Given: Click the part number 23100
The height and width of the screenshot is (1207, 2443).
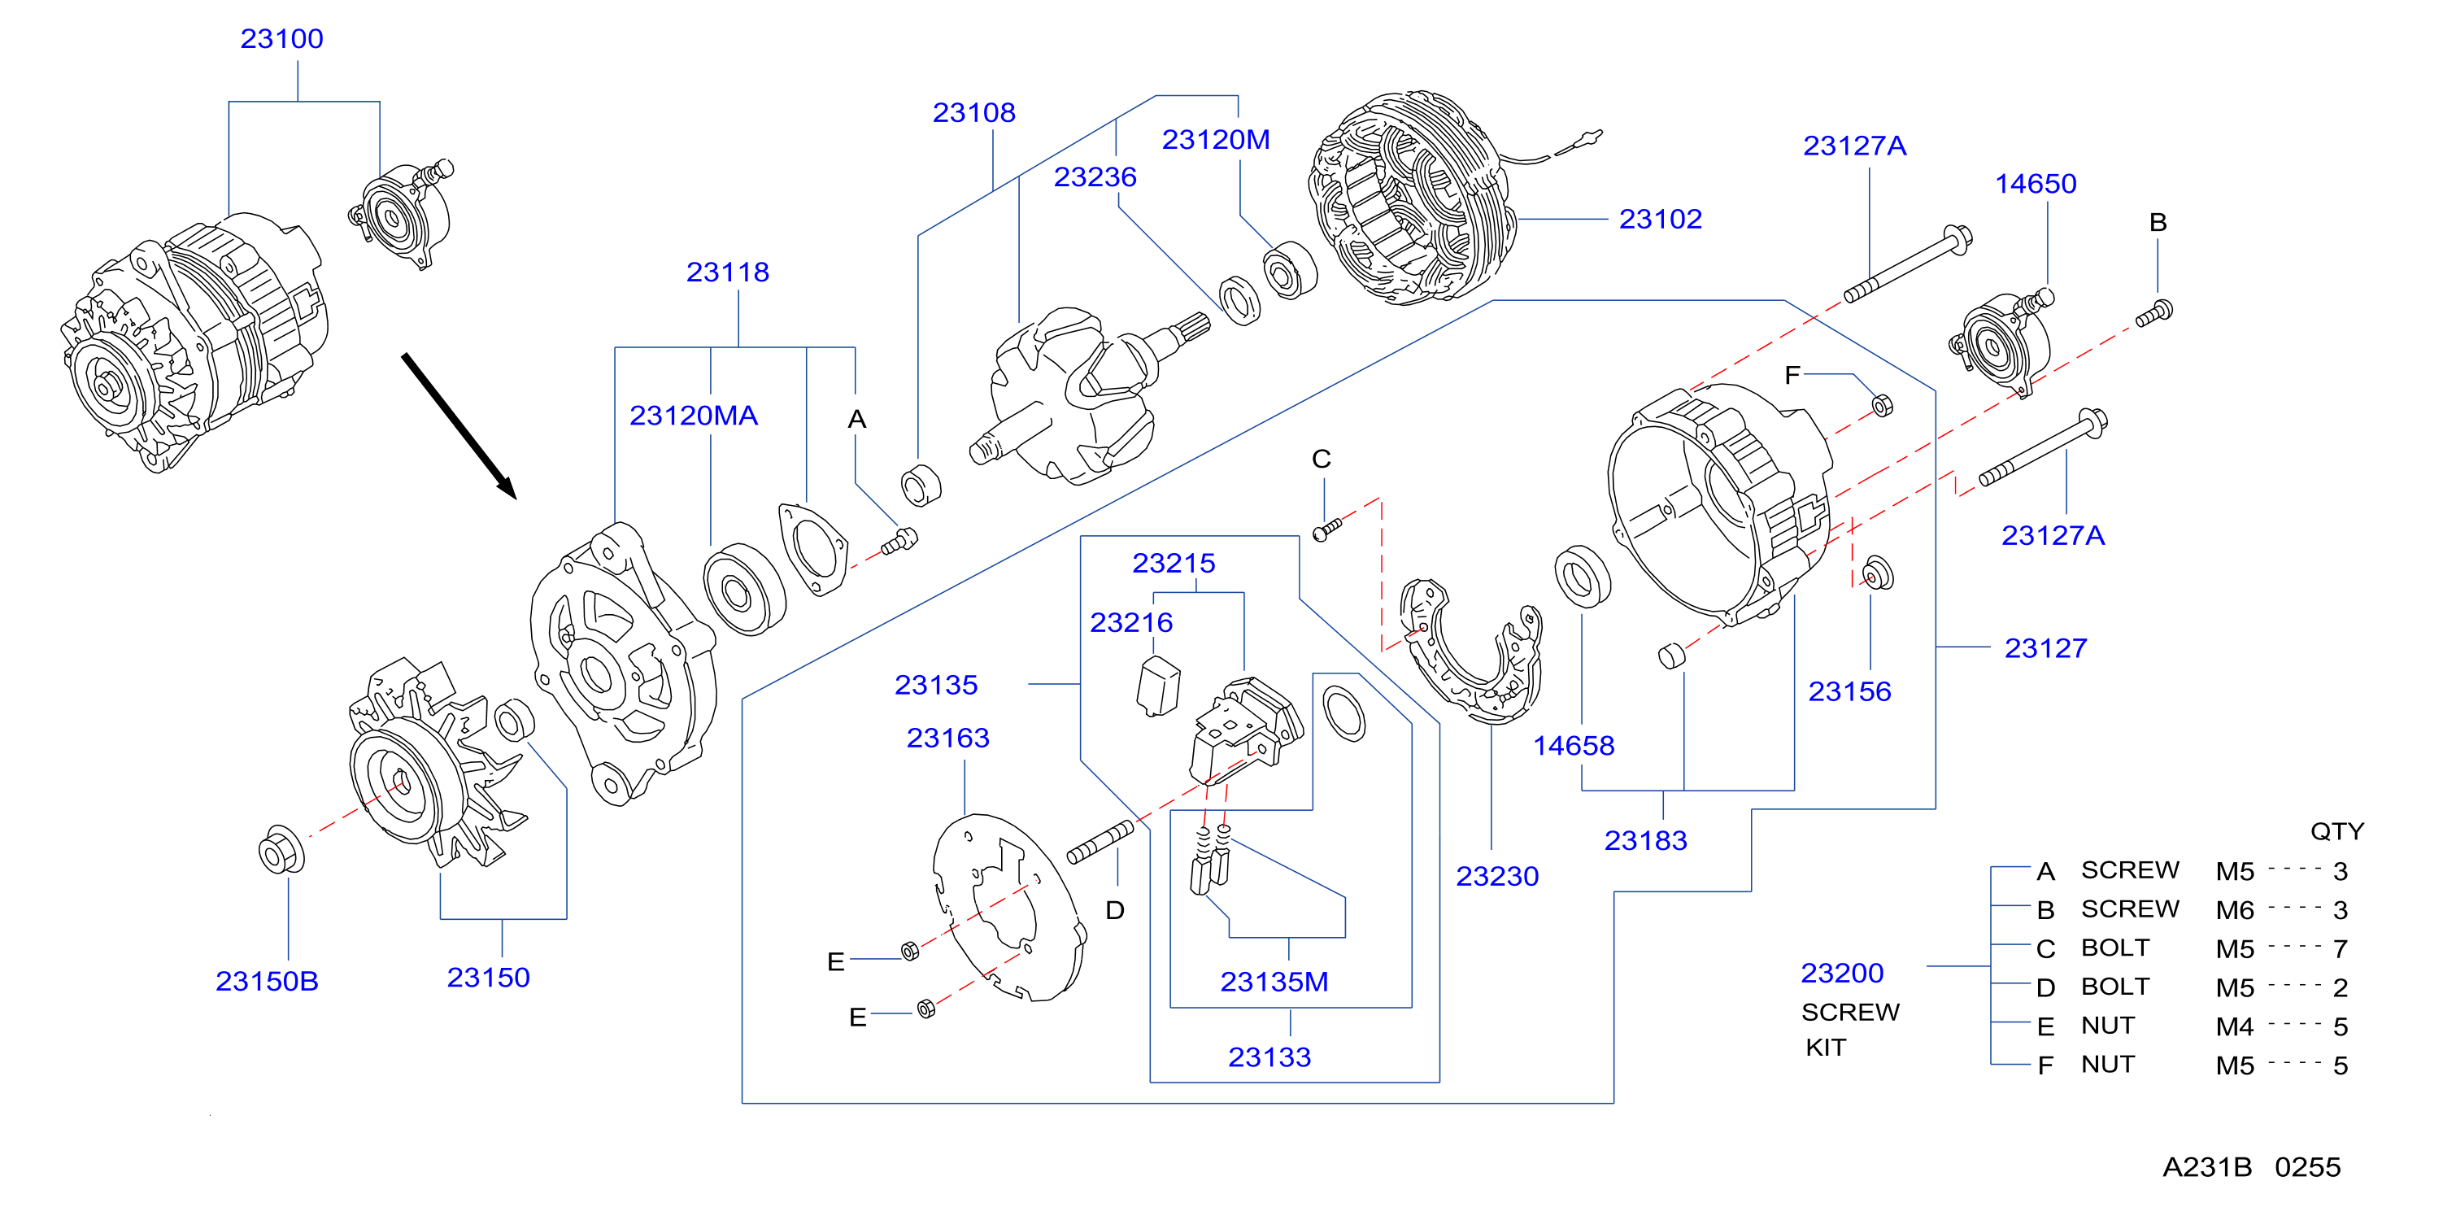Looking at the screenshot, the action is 281,39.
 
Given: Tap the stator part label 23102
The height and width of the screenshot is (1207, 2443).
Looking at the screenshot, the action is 1660,219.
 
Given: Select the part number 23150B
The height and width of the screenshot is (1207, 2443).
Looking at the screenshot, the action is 267,982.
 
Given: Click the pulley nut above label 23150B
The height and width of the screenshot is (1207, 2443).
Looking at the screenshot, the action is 281,851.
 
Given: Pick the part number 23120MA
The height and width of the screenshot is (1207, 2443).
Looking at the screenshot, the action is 693,416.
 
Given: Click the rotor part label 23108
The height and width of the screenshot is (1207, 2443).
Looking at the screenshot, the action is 974,113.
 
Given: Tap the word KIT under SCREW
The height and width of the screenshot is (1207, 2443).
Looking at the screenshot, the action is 1826,1048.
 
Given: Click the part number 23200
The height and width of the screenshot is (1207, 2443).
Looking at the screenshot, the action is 1842,973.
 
